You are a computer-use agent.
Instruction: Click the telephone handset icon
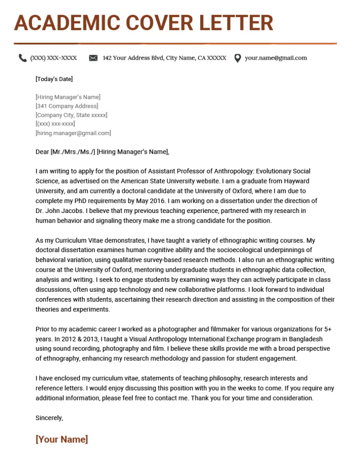coord(22,58)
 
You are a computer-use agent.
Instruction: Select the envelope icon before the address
coord(93,58)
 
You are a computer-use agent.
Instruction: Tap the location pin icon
coord(237,58)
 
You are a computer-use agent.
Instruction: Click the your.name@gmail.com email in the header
coord(276,58)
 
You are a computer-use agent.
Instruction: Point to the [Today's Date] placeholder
coord(54,79)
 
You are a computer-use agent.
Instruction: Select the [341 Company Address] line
coord(66,106)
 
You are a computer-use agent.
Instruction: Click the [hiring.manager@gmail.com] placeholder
coord(73,133)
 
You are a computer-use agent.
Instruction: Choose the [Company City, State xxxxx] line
coord(71,115)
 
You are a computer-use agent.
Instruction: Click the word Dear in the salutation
coord(42,152)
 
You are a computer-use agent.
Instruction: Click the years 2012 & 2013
coord(67,339)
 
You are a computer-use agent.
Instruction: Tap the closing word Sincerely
coord(49,418)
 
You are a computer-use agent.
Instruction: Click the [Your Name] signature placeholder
coord(61,439)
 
